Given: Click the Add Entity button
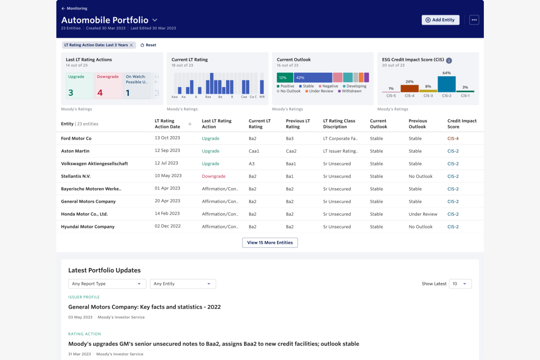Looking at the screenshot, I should coord(440,20).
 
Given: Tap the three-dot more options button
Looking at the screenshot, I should coord(474,20).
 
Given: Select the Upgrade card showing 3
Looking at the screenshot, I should coord(80,86).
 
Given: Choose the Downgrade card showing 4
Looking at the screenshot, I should coord(108,86).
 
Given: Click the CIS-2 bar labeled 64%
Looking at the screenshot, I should coord(446,84).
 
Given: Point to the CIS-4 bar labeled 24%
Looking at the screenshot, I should coord(409,89).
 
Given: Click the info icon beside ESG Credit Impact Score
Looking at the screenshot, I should coord(449,61).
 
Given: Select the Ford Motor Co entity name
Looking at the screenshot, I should coord(76,139).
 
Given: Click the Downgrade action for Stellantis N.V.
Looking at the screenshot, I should coord(213,177).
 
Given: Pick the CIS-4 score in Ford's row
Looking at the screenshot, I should coord(453,139).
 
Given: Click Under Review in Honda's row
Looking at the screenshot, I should coord(423,214).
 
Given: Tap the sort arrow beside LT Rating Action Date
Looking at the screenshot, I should coord(190,124).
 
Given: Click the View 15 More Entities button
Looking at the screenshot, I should coord(270,243).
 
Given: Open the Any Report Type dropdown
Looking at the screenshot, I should coord(107,284).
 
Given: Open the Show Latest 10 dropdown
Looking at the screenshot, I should coord(460,284).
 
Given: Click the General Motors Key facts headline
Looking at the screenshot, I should coord(144,307).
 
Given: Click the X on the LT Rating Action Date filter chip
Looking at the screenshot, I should coord(131,45).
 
